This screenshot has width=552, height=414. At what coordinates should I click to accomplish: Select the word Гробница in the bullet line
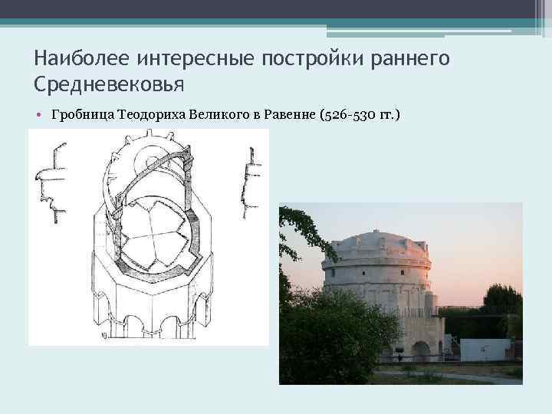point(81,116)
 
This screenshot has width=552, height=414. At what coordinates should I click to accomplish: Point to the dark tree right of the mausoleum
point(503,307)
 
